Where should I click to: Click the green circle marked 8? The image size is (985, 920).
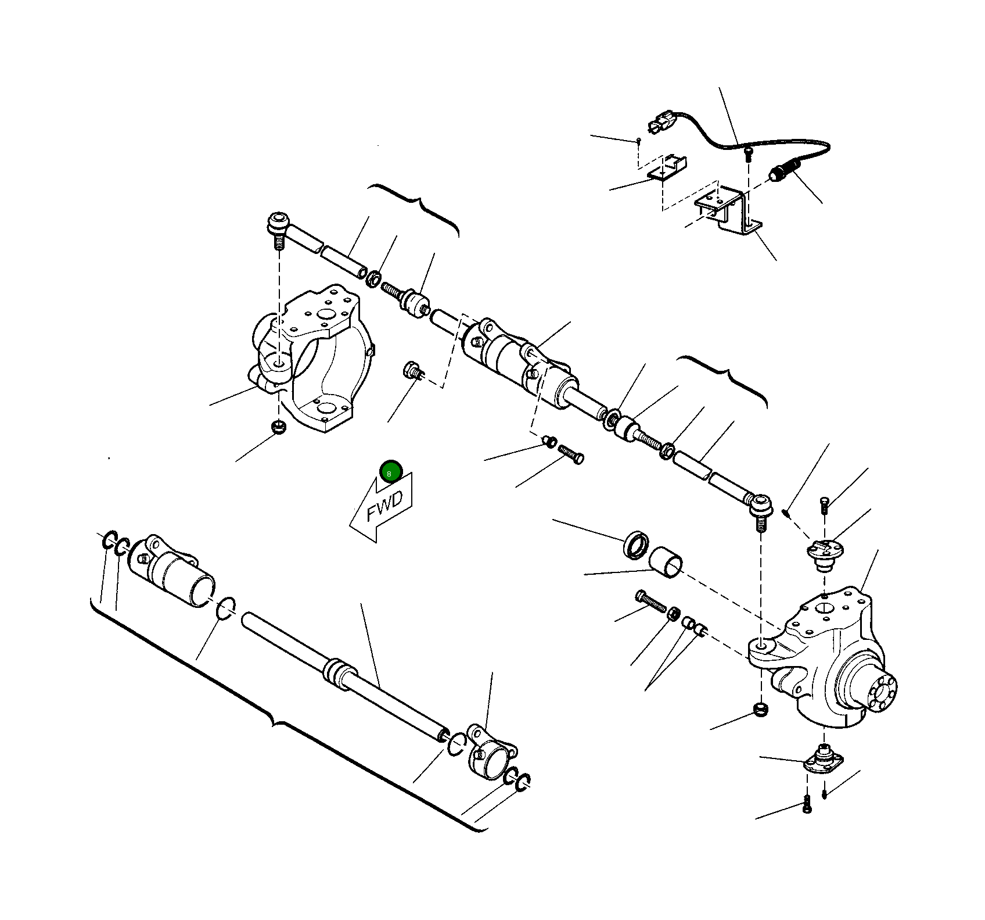pyautogui.click(x=391, y=471)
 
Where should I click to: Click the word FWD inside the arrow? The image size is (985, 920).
pyautogui.click(x=384, y=507)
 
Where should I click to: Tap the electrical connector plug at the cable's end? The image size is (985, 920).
pyautogui.click(x=661, y=123)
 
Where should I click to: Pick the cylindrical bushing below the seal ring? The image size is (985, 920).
pyautogui.click(x=666, y=561)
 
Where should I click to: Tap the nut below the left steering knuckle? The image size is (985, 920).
pyautogui.click(x=279, y=428)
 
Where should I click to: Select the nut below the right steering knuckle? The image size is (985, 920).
pyautogui.click(x=761, y=709)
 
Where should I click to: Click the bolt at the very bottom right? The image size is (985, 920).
pyautogui.click(x=807, y=804)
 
